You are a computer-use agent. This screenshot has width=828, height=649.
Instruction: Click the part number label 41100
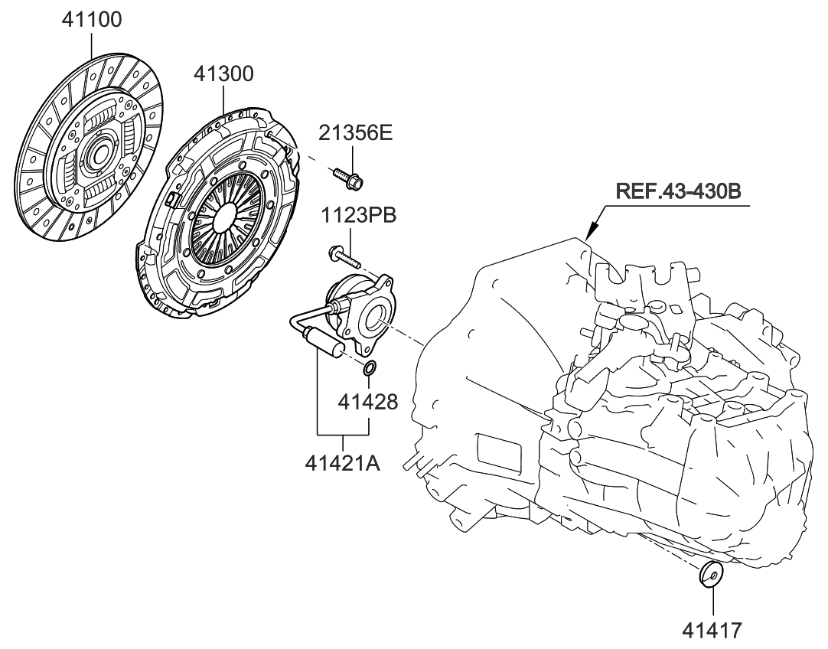[91, 19]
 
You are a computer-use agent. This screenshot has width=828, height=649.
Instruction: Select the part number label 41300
[223, 74]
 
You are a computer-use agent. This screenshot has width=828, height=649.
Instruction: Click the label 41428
[369, 402]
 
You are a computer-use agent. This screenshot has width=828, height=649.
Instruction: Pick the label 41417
[712, 630]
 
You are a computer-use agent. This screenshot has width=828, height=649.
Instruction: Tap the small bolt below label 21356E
[347, 178]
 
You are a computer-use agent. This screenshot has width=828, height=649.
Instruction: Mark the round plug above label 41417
[712, 573]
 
